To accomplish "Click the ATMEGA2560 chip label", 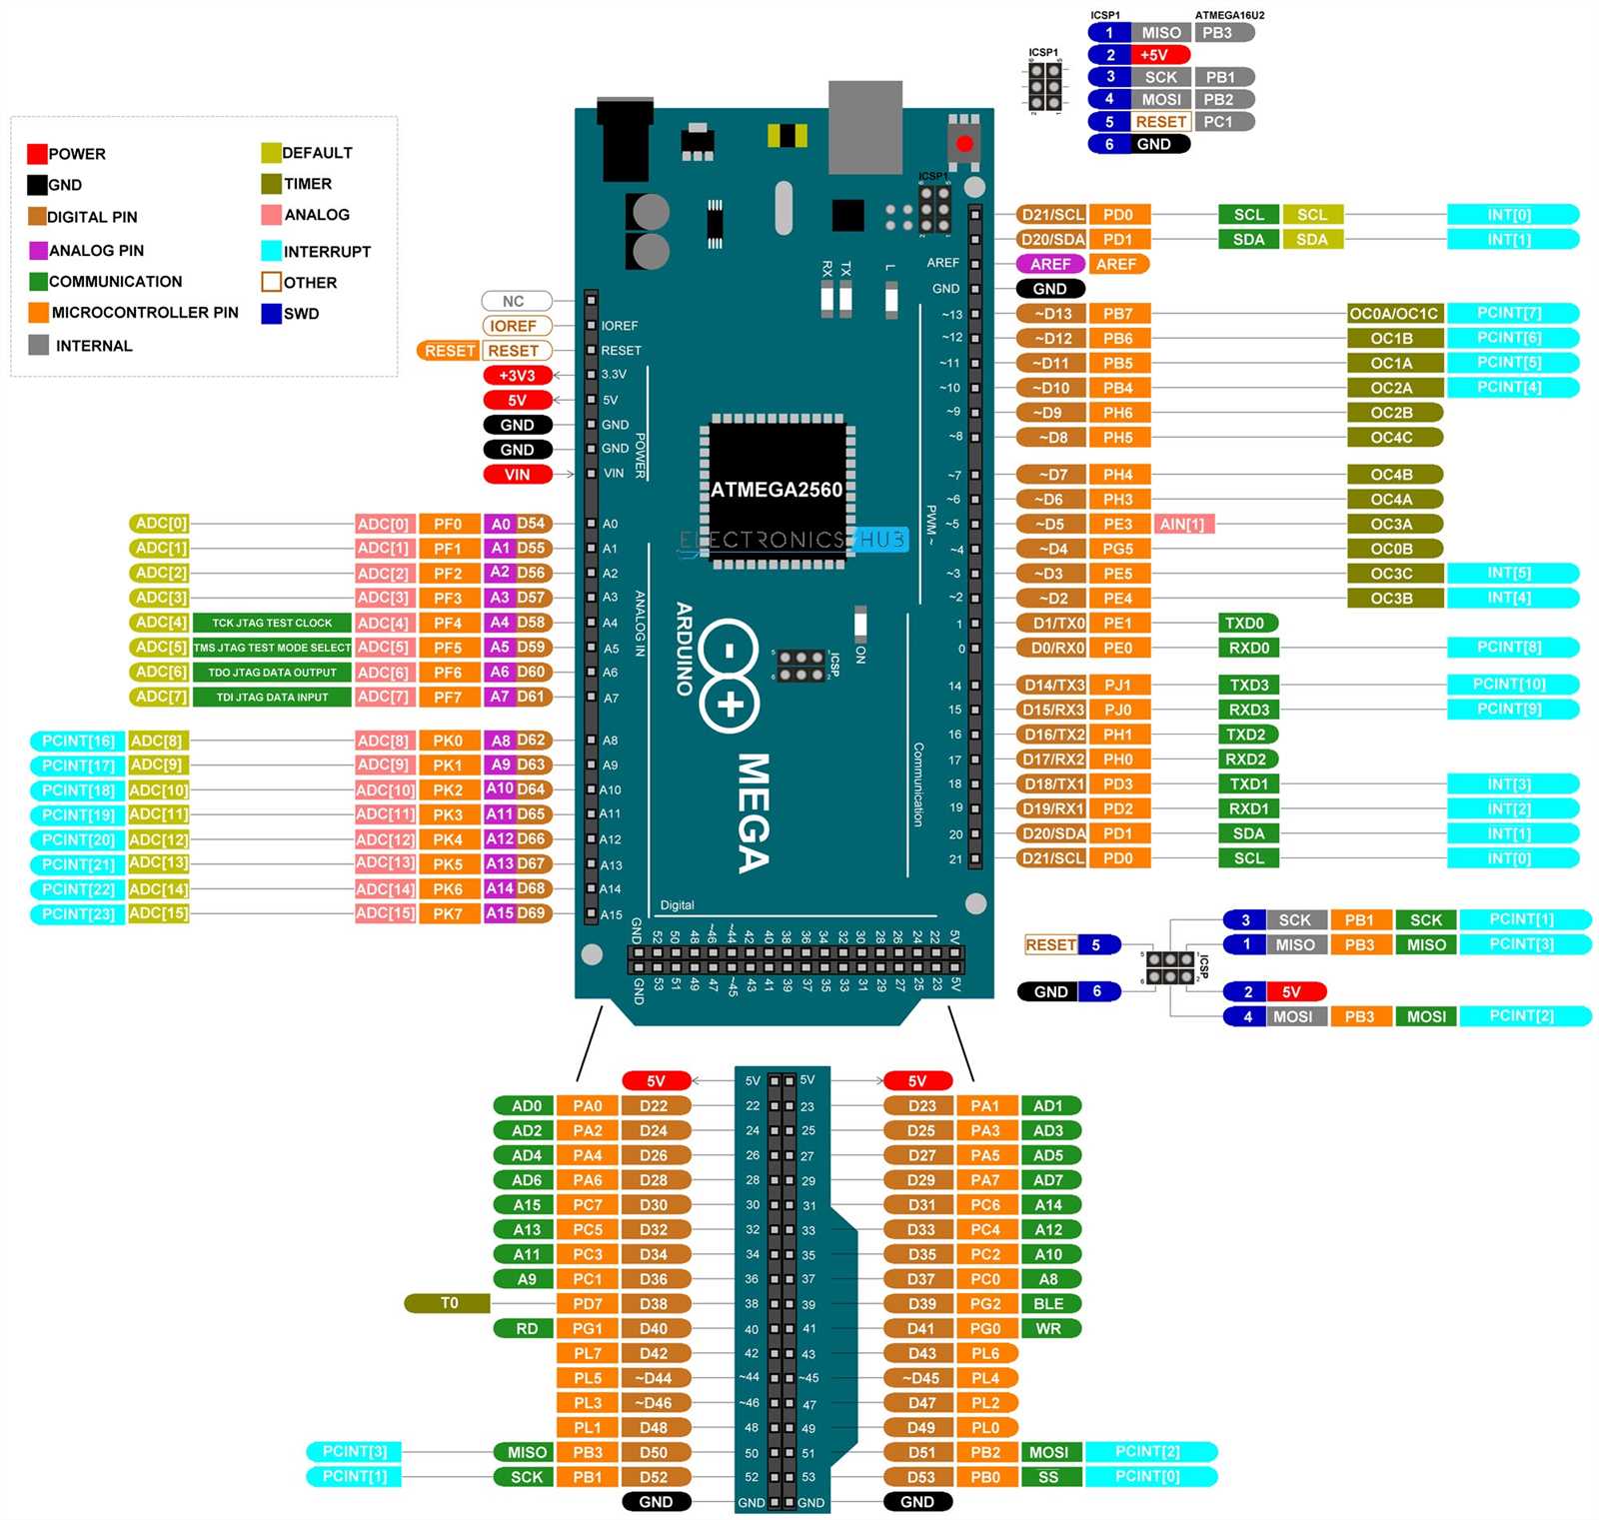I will [777, 490].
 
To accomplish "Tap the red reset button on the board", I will [963, 144].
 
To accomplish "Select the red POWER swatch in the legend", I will [37, 154].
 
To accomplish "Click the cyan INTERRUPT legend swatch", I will [271, 251].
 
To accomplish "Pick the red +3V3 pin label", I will [517, 376].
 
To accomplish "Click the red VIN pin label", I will [517, 475].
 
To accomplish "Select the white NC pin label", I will [515, 301].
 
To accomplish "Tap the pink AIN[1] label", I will [1183, 524].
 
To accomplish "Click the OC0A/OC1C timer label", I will [1393, 314].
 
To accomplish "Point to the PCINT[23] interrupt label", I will [78, 913].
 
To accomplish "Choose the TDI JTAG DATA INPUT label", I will [272, 697].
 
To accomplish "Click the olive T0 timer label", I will [448, 1303].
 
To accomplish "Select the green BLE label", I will [1049, 1303].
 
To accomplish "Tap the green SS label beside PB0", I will [1048, 1476].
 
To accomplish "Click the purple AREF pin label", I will [1050, 264].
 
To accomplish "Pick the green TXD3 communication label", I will [1248, 685].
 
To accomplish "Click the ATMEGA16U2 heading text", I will [1229, 15].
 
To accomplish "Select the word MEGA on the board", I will [754, 811].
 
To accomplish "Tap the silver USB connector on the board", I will [864, 126].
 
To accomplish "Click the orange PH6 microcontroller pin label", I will [1117, 413].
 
